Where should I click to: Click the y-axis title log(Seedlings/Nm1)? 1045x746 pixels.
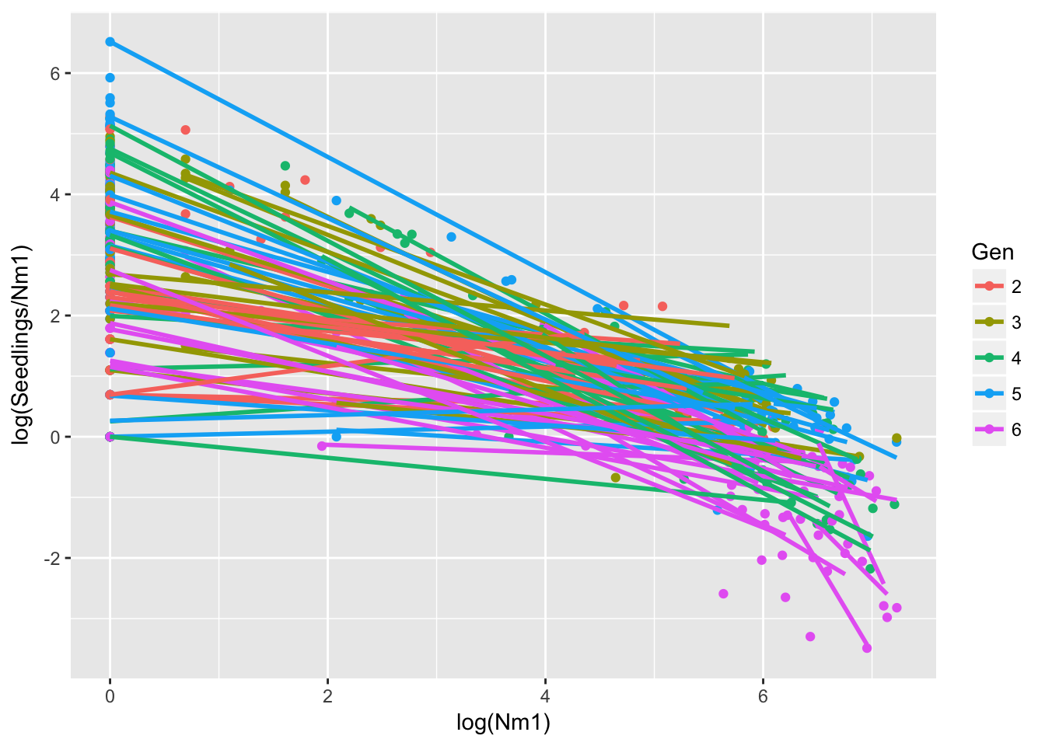[x=24, y=345]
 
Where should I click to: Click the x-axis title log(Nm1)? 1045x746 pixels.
[x=503, y=723]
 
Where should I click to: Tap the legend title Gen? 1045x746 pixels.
[x=992, y=252]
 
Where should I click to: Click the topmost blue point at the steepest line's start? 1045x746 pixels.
[x=110, y=42]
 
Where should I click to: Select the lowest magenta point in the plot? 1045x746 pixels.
[x=867, y=648]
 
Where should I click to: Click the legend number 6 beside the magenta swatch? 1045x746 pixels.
[x=1016, y=430]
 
